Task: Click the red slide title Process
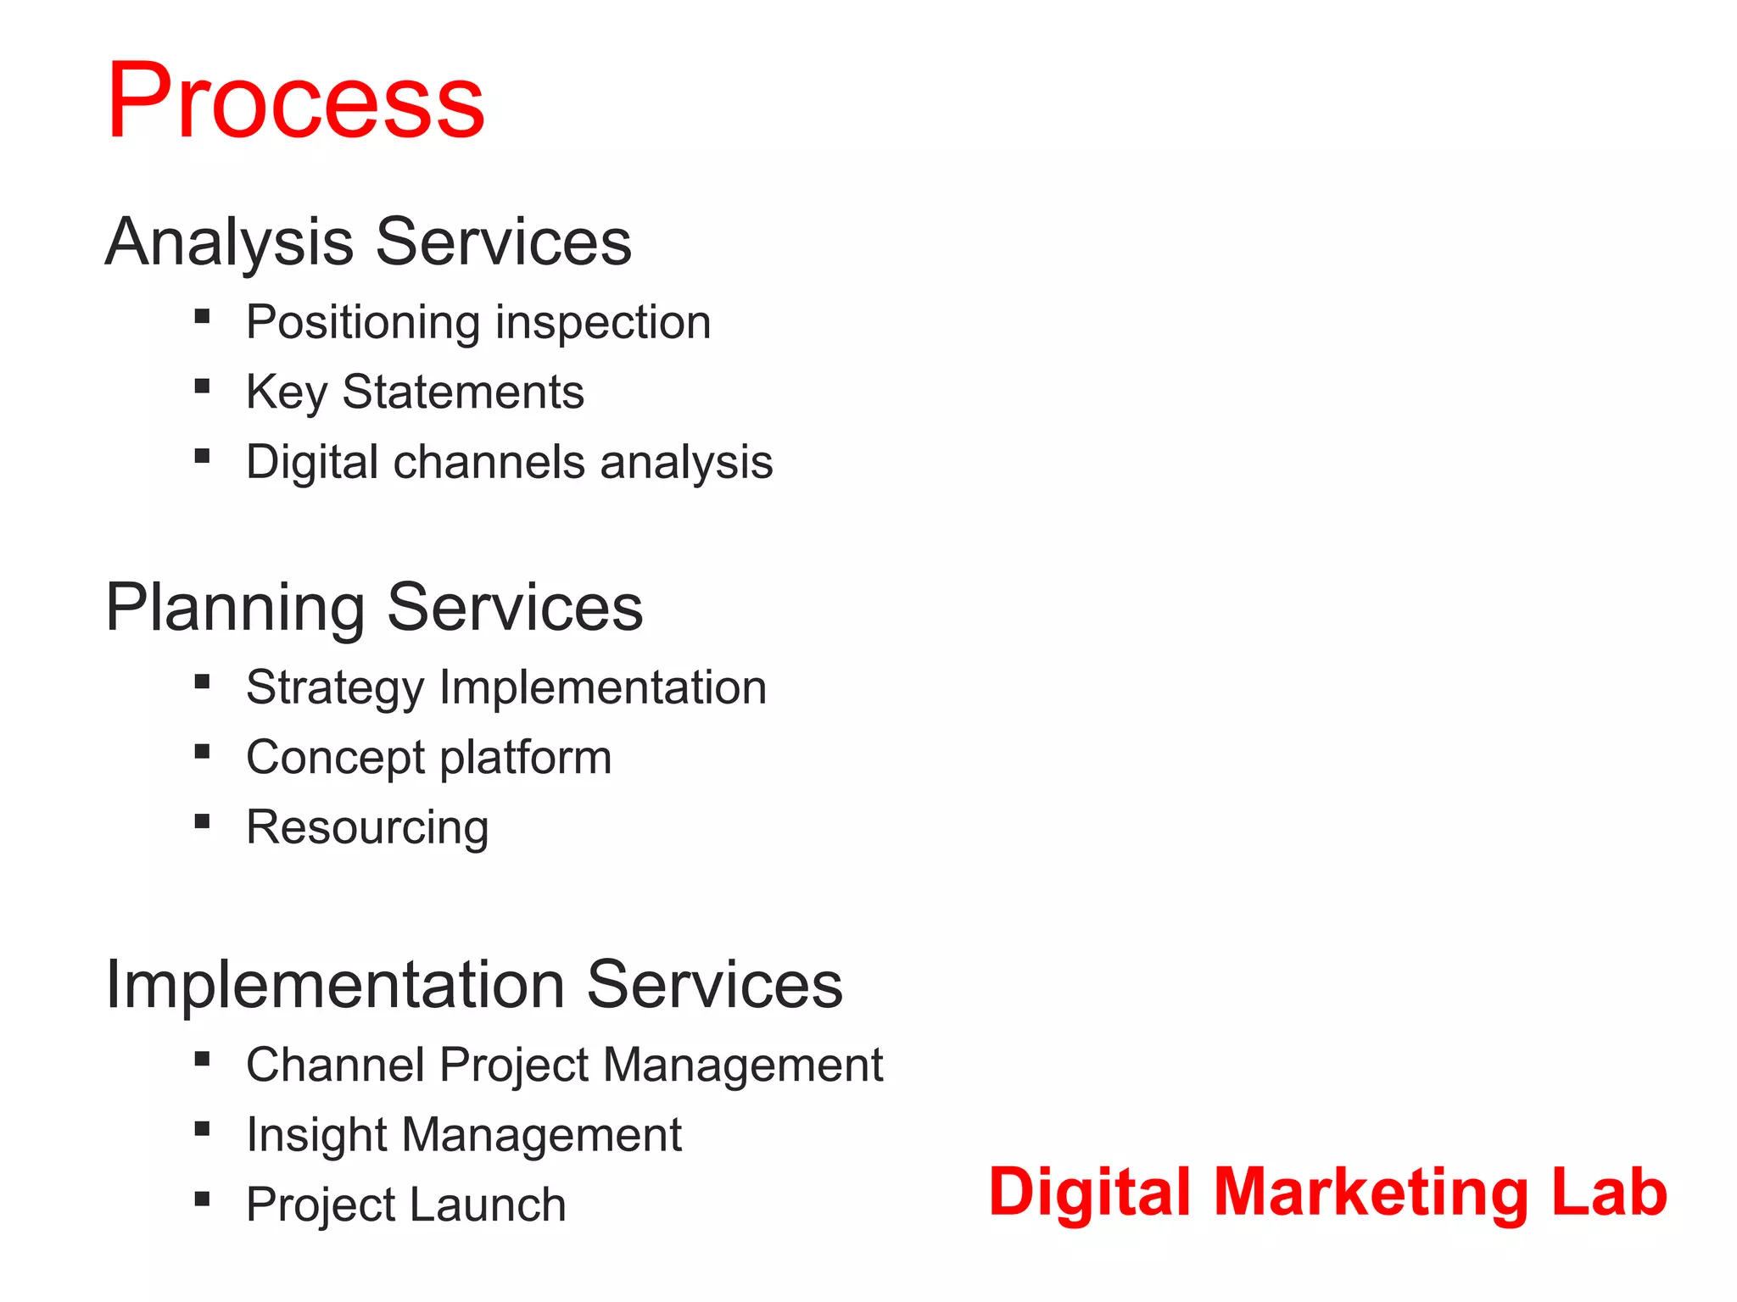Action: click(x=295, y=102)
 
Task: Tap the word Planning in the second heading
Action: click(x=235, y=608)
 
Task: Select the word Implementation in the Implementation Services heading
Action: click(x=335, y=985)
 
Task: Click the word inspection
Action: click(x=603, y=323)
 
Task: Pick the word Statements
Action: click(x=463, y=392)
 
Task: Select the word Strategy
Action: click(x=334, y=688)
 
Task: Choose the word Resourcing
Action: click(x=367, y=828)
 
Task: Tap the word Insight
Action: click(x=317, y=1135)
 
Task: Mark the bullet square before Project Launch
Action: click(x=202, y=1199)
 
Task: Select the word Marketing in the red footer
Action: click(x=1374, y=1193)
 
